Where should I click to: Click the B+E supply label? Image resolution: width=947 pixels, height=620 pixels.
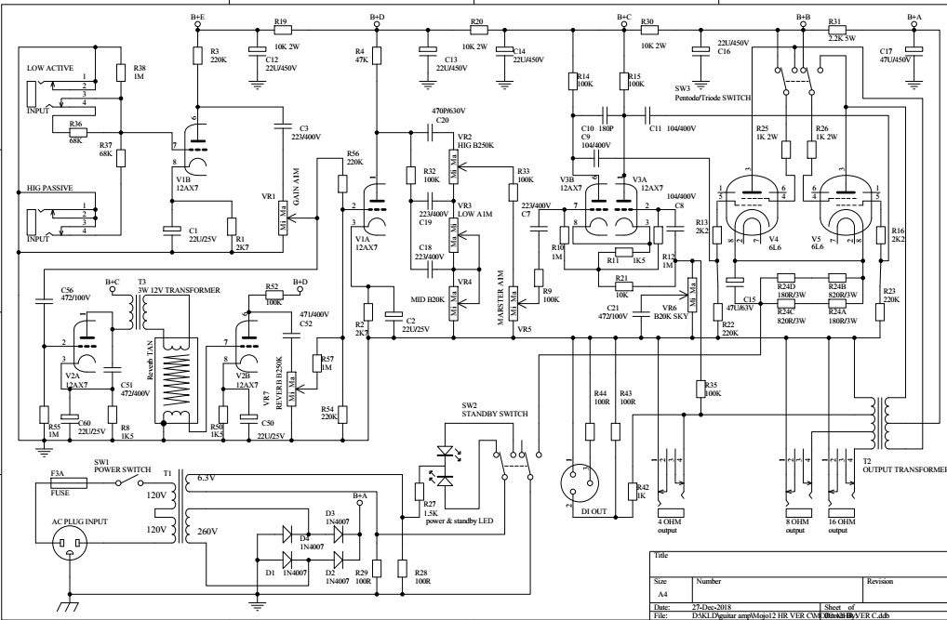pos(198,17)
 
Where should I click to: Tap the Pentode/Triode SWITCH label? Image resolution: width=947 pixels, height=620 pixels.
pos(713,97)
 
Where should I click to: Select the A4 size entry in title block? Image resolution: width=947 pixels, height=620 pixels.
pos(661,590)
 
